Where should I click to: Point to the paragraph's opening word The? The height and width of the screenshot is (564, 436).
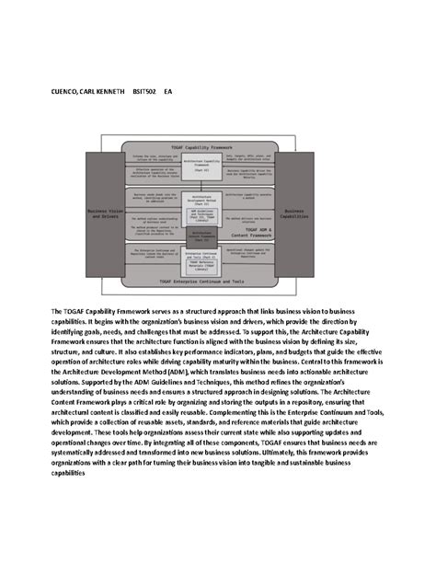pos(57,313)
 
